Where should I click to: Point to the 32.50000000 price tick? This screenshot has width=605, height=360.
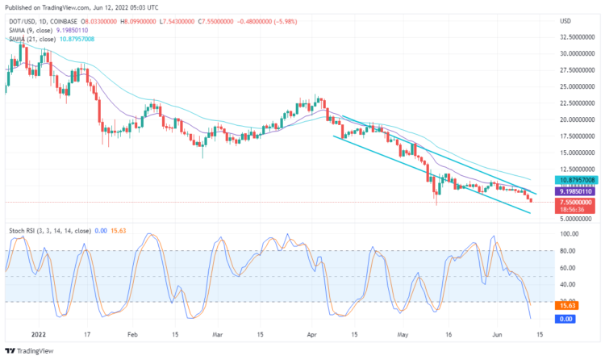(578, 37)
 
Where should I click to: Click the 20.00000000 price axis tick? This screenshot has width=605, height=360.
(578, 119)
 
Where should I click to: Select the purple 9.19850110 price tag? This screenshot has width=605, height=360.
(578, 191)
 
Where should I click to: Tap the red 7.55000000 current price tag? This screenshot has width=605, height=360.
(578, 202)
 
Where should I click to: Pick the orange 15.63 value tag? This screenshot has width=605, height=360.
(568, 306)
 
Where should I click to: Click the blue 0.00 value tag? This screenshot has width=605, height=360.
(568, 320)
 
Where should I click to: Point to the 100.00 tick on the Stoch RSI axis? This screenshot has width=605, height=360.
(569, 233)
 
